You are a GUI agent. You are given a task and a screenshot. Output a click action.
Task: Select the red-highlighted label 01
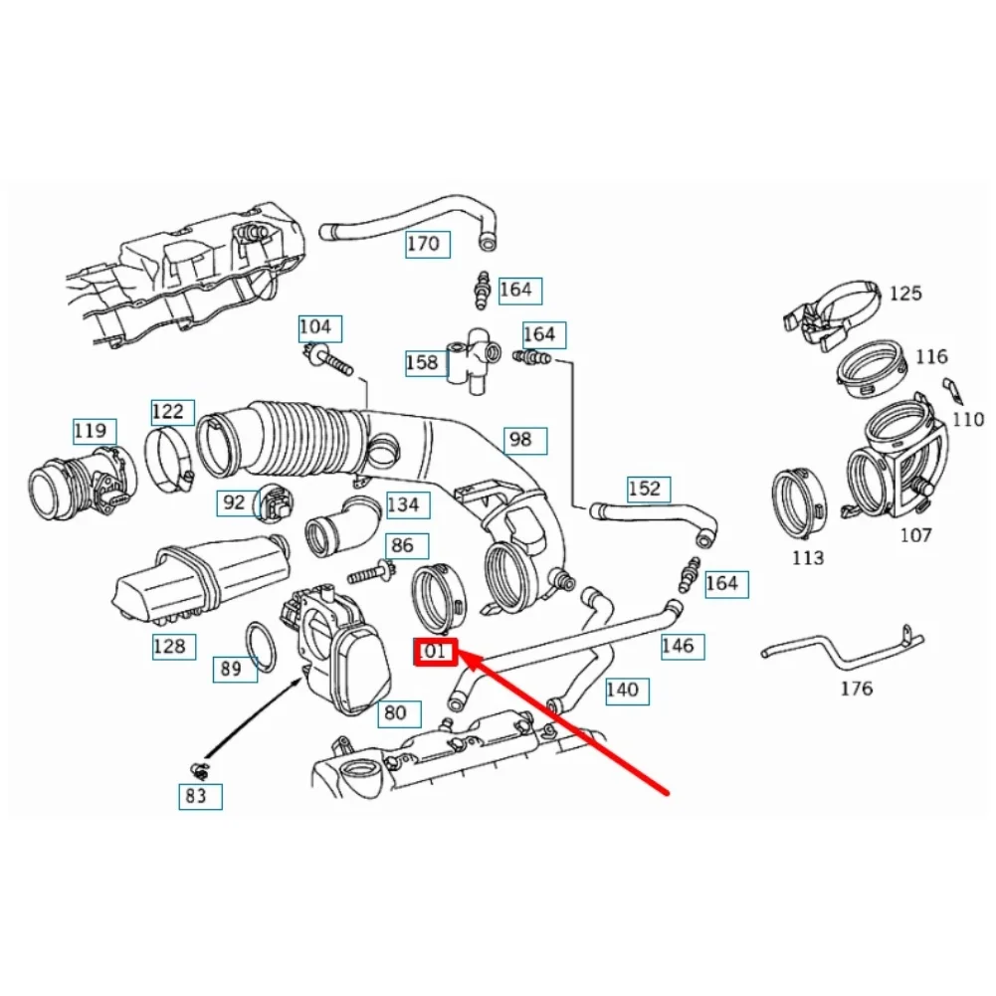click(436, 653)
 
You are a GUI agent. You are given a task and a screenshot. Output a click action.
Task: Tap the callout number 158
click(422, 363)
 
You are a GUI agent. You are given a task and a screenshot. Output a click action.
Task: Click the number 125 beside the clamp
click(904, 294)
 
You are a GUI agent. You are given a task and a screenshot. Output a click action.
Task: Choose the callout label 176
click(857, 688)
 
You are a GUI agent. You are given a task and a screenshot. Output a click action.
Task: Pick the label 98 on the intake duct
click(519, 439)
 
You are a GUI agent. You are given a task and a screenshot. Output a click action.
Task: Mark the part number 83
click(195, 795)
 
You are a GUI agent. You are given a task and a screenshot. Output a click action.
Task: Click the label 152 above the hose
click(643, 489)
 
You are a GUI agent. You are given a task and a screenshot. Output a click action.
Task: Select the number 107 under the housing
click(915, 535)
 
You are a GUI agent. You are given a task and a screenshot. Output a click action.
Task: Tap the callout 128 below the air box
click(168, 647)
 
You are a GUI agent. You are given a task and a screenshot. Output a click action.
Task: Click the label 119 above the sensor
click(90, 432)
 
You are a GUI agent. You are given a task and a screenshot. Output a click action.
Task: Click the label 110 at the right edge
click(967, 420)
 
